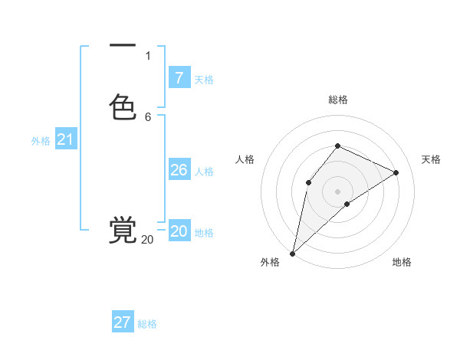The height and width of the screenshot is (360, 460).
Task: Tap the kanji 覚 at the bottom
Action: (123, 230)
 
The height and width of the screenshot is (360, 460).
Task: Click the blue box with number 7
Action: (179, 77)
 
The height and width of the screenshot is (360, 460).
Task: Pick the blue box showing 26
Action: (179, 169)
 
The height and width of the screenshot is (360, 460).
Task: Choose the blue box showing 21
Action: (65, 139)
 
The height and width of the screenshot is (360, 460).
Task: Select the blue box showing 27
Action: (123, 322)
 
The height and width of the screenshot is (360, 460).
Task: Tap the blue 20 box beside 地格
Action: (179, 231)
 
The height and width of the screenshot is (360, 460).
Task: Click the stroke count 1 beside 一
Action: (148, 55)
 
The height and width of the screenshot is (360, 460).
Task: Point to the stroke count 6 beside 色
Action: (148, 116)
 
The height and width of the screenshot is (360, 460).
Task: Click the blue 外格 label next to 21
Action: (41, 141)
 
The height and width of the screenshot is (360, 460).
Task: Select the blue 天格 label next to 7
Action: (204, 79)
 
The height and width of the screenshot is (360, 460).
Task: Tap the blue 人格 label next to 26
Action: (204, 171)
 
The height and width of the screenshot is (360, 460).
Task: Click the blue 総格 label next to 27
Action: (147, 324)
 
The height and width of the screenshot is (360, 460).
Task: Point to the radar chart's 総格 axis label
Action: (338, 100)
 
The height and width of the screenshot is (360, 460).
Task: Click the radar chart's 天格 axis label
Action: (432, 159)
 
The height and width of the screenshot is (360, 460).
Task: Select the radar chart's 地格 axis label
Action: (402, 262)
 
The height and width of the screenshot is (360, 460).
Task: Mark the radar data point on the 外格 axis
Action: (292, 254)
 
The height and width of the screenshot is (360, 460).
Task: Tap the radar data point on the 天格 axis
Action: (396, 172)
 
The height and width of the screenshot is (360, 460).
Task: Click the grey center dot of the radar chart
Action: (338, 191)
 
